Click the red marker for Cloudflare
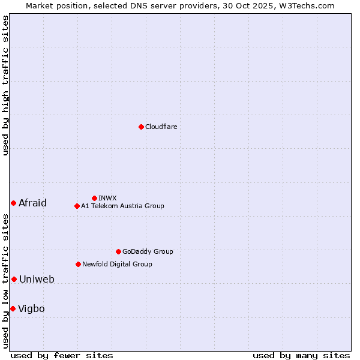click(x=141, y=127)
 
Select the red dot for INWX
click(x=94, y=198)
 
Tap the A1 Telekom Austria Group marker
click(x=77, y=206)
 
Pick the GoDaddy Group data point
click(x=118, y=251)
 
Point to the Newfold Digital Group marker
click(x=78, y=264)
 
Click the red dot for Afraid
click(x=13, y=203)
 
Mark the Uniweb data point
click(x=14, y=279)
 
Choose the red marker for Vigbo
click(x=13, y=308)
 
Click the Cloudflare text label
click(x=161, y=127)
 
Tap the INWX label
click(x=107, y=198)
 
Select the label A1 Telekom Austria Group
click(x=122, y=206)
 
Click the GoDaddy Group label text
click(x=148, y=251)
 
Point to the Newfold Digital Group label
click(x=117, y=264)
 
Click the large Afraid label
click(x=32, y=203)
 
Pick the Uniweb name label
click(x=37, y=279)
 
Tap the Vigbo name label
click(x=31, y=308)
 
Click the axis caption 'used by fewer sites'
click(x=62, y=355)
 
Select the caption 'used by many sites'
click(x=301, y=355)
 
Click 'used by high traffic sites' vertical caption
click(x=5, y=85)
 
